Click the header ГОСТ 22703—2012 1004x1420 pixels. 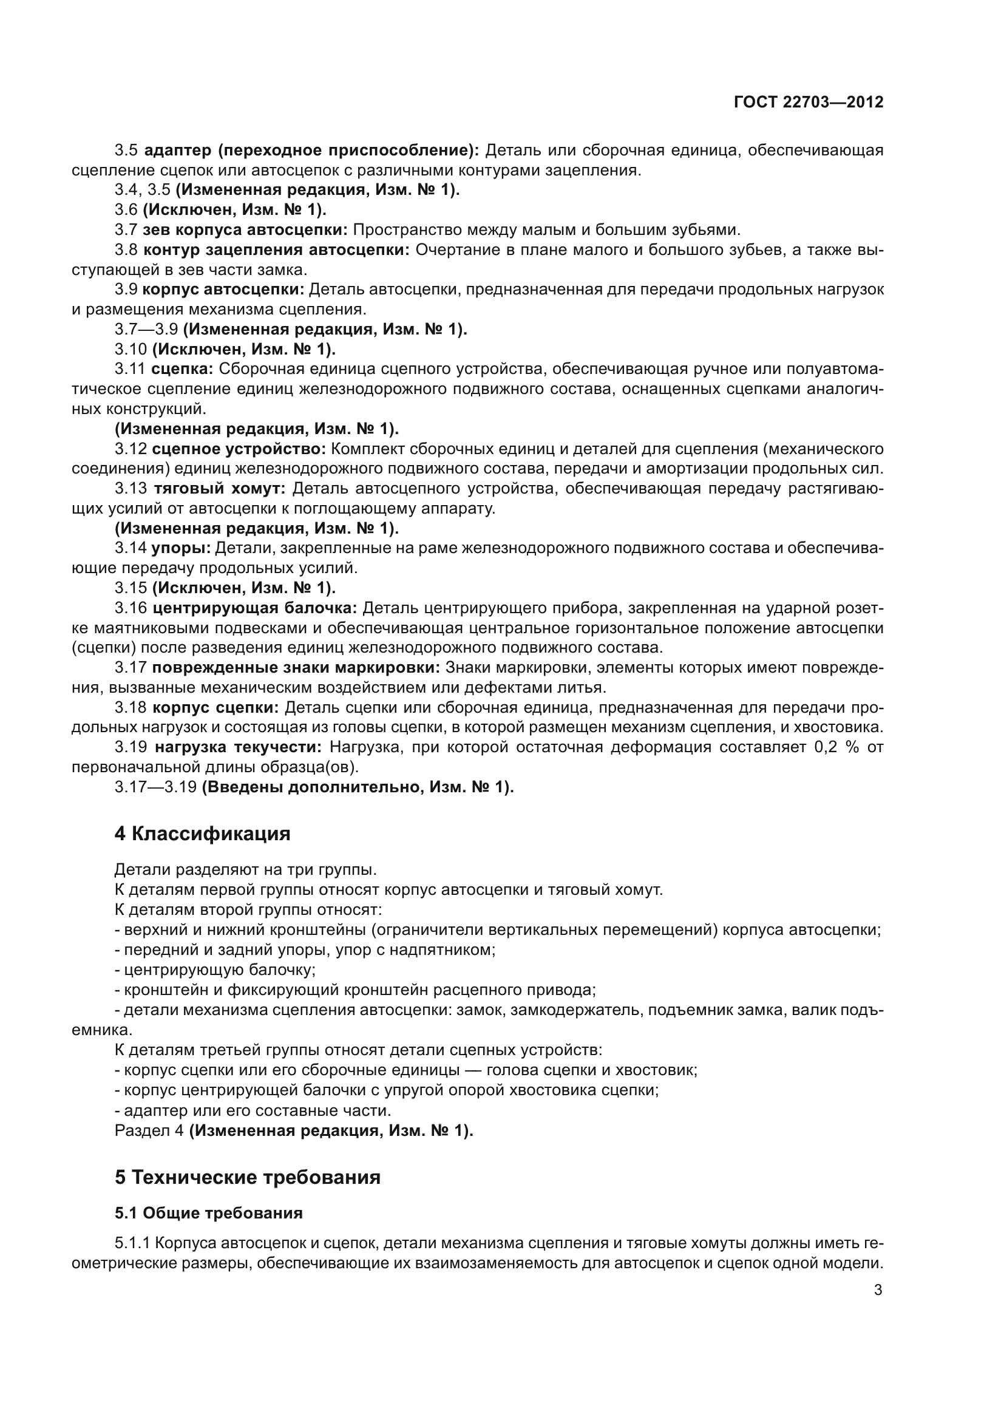[x=808, y=102]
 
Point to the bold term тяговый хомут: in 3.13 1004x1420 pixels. [x=220, y=489]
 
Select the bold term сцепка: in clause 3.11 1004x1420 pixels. [x=182, y=369]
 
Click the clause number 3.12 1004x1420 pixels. [x=131, y=449]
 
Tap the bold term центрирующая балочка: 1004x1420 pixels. [x=255, y=608]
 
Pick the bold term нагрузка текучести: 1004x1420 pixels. [x=238, y=747]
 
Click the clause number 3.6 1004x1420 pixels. [x=126, y=209]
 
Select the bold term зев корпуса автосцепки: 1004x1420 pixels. [x=245, y=230]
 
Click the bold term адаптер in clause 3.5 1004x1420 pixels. [x=180, y=151]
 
